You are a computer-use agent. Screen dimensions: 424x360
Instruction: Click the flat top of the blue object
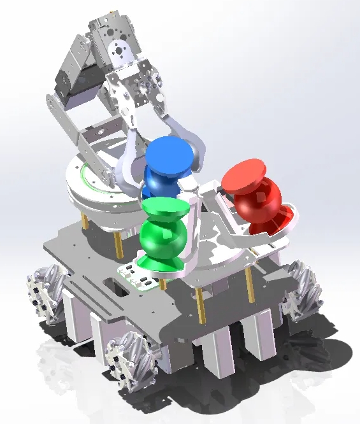168,153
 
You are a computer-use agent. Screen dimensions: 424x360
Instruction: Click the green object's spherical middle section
163,237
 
